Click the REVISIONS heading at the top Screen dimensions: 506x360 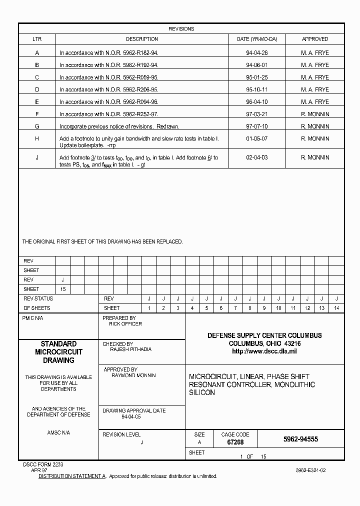click(181, 29)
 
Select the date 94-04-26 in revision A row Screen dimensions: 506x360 click(257, 52)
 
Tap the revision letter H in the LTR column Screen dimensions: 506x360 click(37, 138)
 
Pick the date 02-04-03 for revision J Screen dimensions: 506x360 click(257, 157)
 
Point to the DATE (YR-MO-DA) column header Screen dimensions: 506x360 click(260, 39)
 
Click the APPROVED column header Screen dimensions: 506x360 click(315, 39)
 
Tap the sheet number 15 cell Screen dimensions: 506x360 click(62, 289)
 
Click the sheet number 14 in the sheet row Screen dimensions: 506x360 click(336, 308)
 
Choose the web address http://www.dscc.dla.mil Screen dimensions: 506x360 click(264, 351)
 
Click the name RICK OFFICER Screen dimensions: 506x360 click(125, 324)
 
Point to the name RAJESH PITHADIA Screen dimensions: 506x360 click(131, 349)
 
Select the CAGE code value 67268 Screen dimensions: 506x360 click(235, 442)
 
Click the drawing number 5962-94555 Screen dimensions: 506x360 click(300, 439)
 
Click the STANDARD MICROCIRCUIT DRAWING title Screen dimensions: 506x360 click(58, 352)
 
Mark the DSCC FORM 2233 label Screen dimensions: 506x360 click(43, 464)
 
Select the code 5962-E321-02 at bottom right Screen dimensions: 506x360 click(310, 470)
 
